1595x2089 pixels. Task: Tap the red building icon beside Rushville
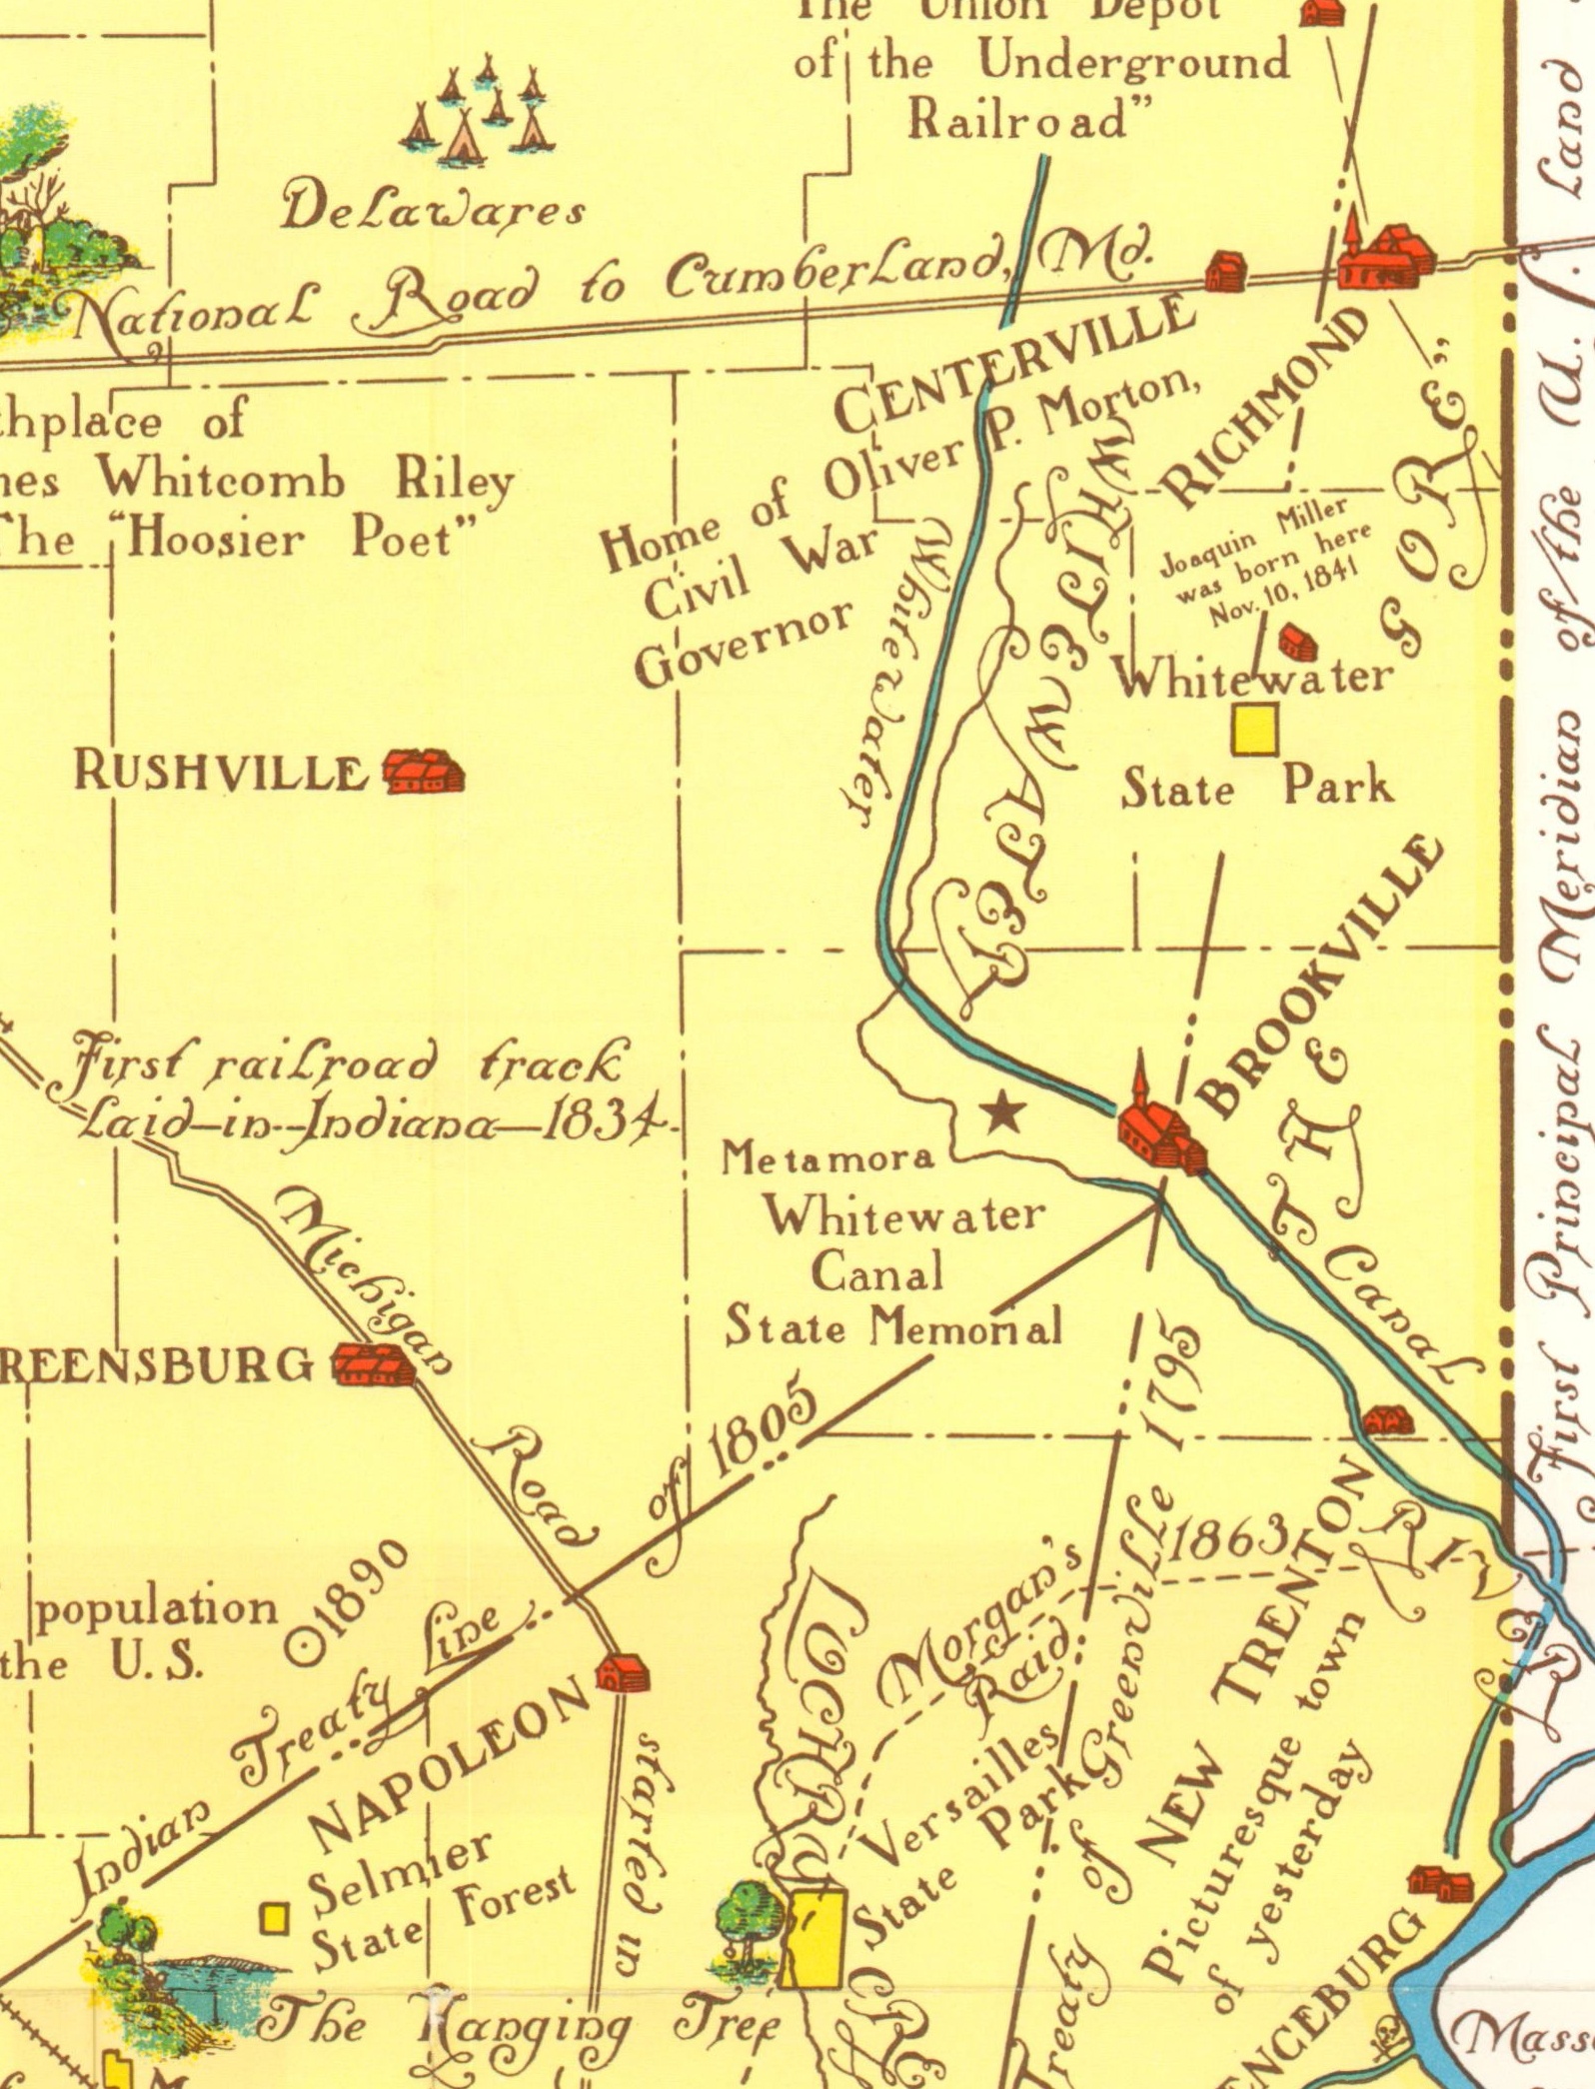(x=424, y=772)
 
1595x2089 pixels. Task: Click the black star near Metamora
(x=1002, y=1111)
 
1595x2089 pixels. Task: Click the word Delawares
(x=434, y=210)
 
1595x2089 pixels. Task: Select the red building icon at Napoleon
(x=623, y=1672)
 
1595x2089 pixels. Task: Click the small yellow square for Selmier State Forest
(x=275, y=1918)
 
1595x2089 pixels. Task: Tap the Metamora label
(x=828, y=1158)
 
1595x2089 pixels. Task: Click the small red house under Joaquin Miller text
(x=1298, y=643)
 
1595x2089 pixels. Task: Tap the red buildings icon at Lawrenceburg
(x=1440, y=1884)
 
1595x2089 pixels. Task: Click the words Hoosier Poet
(x=305, y=541)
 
